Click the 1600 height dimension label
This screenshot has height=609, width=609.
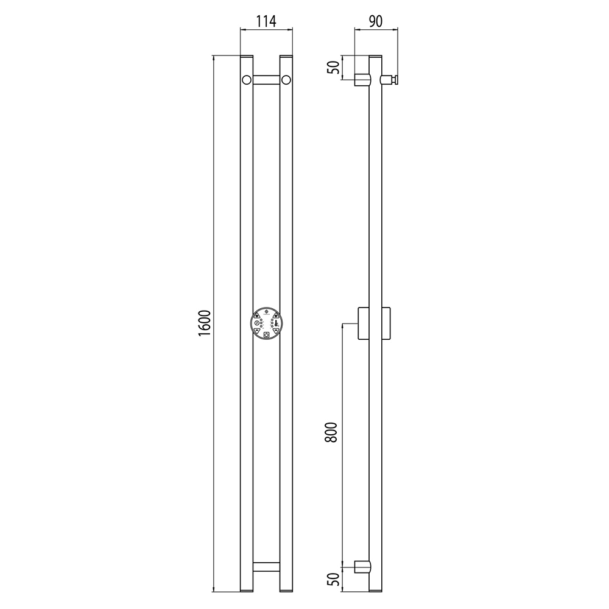[x=204, y=323]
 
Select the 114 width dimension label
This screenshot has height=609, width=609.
[x=266, y=21]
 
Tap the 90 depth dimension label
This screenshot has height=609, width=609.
[x=375, y=21]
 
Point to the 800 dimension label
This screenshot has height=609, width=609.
[x=331, y=432]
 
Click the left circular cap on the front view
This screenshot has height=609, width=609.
[x=246, y=80]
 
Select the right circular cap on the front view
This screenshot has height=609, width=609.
[x=286, y=80]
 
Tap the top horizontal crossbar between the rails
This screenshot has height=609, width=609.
[x=266, y=80]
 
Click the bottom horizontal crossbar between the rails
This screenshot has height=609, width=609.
[x=266, y=566]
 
